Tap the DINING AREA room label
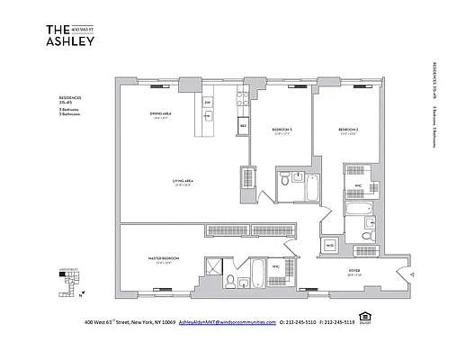click(162, 113)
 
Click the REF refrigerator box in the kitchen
click(243, 127)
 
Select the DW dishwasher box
click(207, 102)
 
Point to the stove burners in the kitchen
click(242, 98)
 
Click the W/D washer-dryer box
click(329, 245)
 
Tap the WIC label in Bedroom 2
click(357, 187)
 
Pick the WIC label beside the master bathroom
click(277, 267)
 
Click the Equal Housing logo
click(364, 317)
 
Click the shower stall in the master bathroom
click(216, 267)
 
